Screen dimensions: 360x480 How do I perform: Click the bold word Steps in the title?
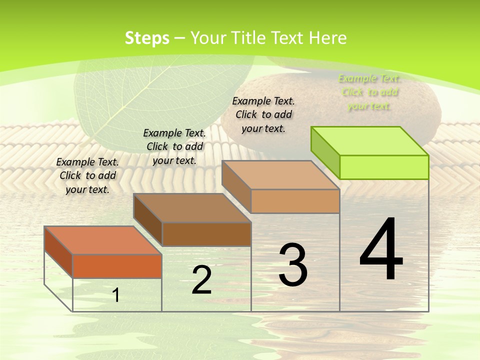click(147, 38)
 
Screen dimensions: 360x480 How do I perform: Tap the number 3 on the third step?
click(293, 264)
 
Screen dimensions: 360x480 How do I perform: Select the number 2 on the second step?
click(201, 280)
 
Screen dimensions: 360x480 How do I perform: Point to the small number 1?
click(116, 295)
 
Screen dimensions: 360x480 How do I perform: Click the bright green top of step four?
click(370, 140)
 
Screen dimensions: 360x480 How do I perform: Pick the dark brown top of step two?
click(192, 207)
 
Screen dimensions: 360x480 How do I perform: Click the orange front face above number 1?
click(117, 266)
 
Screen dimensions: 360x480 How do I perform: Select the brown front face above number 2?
click(206, 234)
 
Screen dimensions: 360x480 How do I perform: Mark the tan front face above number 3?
click(295, 201)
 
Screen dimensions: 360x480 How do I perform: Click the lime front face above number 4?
click(384, 167)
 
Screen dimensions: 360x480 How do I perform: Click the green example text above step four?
click(369, 92)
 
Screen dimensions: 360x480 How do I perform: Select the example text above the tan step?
click(263, 114)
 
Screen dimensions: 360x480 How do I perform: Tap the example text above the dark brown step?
click(174, 146)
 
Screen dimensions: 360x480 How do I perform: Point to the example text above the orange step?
click(87, 175)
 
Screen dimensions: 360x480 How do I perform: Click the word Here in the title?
click(328, 38)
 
